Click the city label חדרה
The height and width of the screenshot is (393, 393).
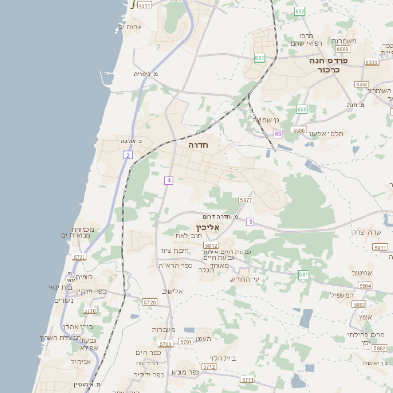199,144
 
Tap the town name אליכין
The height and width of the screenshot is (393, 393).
223,227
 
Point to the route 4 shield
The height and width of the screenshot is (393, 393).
169,180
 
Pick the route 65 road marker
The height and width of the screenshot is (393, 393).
278,132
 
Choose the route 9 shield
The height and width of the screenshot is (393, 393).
250,222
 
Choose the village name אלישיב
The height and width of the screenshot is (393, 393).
173,291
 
